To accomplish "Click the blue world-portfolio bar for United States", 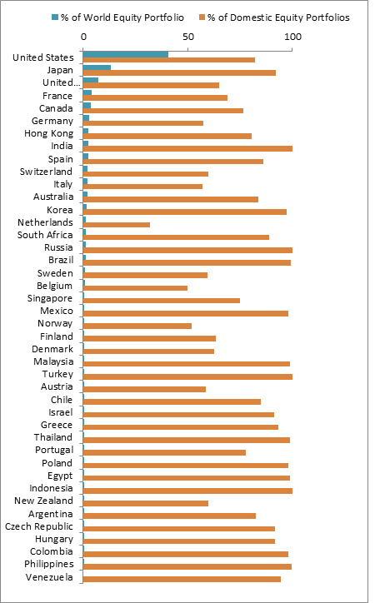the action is pos(126,54).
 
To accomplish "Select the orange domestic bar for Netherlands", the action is pos(117,225).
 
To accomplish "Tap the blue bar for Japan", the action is pos(97,67).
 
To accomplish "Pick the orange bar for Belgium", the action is pos(135,288).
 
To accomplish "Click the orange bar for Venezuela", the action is pos(182,579).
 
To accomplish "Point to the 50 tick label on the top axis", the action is pos(188,37).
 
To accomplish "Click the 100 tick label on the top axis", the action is pos(292,37).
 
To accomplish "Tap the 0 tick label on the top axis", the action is pos(83,37).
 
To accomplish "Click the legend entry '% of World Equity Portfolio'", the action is pos(118,17).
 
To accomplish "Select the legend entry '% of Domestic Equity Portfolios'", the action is pos(274,17).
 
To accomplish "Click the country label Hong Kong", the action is pos(48,133).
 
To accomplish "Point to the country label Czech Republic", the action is pos(39,526).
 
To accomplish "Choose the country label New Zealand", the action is pos(43,501).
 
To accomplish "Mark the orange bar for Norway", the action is pos(137,326).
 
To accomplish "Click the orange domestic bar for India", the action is pos(187,148).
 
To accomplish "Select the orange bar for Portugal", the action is pos(165,452).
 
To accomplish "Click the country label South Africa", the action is pos(45,235).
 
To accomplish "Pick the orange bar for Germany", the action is pos(143,123).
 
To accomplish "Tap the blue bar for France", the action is pos(87,92).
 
